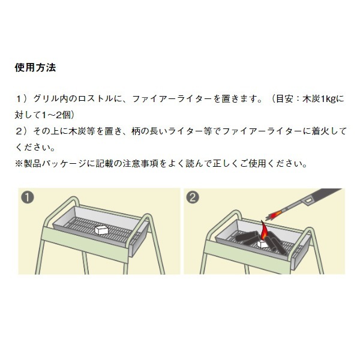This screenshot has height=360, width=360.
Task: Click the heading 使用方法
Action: coord(35,68)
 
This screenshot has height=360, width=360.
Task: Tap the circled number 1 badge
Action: coord(28,197)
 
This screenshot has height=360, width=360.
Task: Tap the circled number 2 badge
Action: coord(193,197)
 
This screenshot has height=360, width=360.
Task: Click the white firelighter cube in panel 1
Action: coord(101,230)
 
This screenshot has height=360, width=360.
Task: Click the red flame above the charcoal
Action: coord(264,230)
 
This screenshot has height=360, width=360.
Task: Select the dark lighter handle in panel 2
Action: coord(322,197)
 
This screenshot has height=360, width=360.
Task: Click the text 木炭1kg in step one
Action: coord(320,99)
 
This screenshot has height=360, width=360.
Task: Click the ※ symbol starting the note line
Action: coord(19,164)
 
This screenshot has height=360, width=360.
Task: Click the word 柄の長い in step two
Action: coord(149,131)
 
